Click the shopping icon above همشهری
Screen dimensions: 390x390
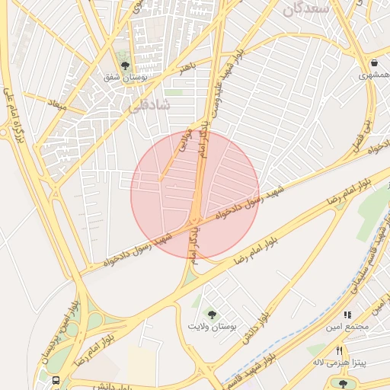374,63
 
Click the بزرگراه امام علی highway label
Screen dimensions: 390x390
11,114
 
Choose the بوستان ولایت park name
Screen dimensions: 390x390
213,326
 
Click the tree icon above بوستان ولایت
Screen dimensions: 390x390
212,314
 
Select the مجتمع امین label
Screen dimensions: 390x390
347,327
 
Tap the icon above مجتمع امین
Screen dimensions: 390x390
347,314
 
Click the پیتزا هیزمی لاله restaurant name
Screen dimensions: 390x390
340,363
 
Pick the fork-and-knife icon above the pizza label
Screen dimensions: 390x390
340,350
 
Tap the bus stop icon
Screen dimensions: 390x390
56,379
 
